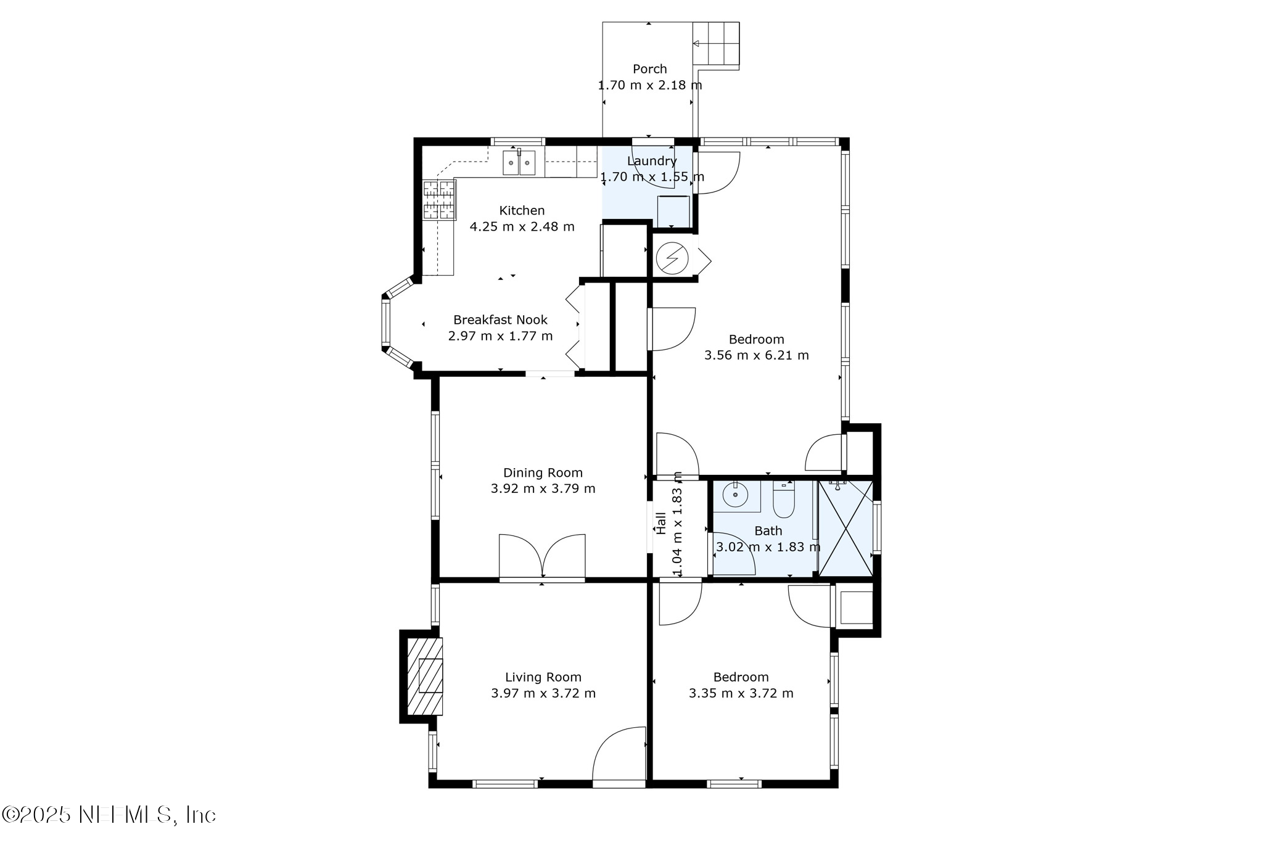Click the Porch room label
click(x=650, y=69)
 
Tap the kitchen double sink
click(x=519, y=163)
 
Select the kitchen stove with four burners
click(x=439, y=200)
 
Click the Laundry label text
click(x=652, y=161)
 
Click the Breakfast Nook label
click(x=500, y=319)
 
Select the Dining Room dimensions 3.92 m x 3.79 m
click(x=543, y=489)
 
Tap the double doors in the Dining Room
click(x=542, y=556)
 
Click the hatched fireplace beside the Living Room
click(x=425, y=676)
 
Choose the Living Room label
click(x=543, y=677)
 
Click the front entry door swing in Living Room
click(x=619, y=755)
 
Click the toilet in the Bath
click(x=784, y=499)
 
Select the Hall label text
click(x=660, y=523)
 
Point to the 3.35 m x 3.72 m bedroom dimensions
click(x=741, y=693)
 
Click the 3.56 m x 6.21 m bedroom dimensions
click(x=757, y=355)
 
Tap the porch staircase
click(x=716, y=44)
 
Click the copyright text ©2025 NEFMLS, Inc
click(x=109, y=815)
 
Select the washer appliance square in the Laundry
click(x=673, y=212)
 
